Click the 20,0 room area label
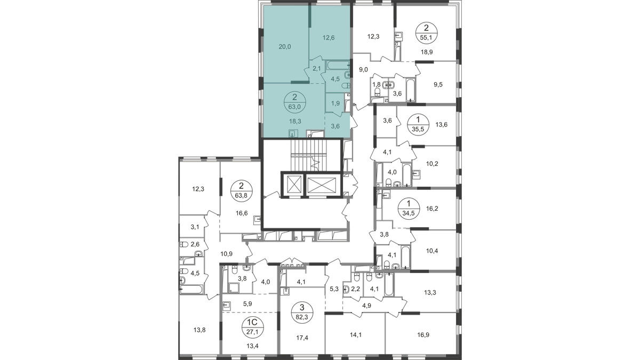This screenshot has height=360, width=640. click(x=285, y=46)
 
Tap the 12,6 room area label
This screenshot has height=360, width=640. click(x=328, y=38)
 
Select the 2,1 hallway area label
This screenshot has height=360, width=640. click(x=316, y=68)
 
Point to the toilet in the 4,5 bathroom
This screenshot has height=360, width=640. click(x=346, y=86)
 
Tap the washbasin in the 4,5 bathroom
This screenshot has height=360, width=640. click(x=347, y=75)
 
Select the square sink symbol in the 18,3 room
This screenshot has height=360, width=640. click(x=292, y=134)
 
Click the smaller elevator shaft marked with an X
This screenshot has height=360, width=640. click(x=292, y=185)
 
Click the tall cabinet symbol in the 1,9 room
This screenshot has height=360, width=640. click(x=347, y=102)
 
